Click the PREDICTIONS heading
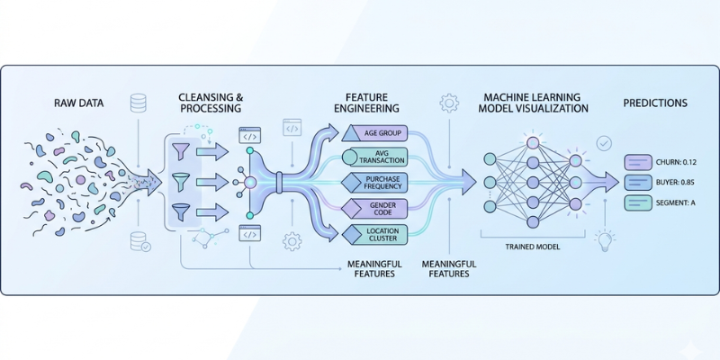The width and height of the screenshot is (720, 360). click(655, 103)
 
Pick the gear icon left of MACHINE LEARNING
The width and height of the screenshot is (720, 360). click(447, 103)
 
